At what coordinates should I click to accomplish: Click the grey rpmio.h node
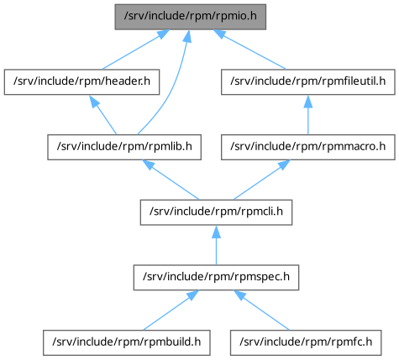191,17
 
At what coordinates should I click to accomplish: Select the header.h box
81,82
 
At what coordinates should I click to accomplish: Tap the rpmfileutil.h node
308,82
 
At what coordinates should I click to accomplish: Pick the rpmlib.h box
124,147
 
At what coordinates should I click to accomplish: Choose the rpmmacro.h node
308,147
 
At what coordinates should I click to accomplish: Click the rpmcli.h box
216,212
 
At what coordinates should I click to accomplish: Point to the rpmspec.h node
216,278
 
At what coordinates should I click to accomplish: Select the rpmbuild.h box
127,342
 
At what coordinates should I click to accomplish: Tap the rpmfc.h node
306,342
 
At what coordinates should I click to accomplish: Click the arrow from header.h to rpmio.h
136,50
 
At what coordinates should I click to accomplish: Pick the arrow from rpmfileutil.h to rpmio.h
249,50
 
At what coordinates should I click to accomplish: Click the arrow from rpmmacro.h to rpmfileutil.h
308,115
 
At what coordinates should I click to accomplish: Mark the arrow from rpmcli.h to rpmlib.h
171,180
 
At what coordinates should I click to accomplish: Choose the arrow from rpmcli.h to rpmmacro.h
261,180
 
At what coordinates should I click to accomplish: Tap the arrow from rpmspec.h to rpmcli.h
216,245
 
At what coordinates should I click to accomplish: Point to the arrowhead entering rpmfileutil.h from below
308,102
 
